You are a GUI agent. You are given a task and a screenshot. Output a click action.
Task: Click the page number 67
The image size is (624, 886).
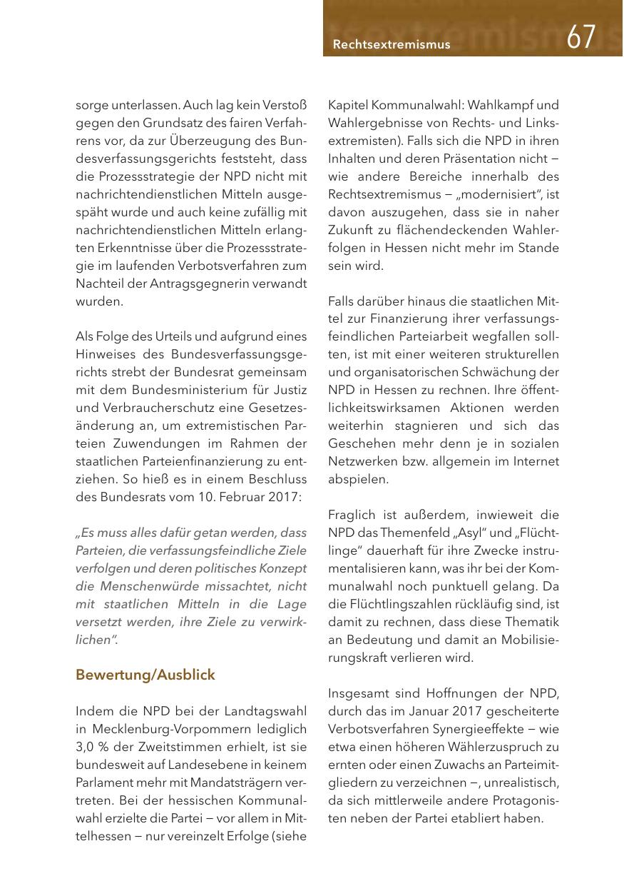tap(581, 36)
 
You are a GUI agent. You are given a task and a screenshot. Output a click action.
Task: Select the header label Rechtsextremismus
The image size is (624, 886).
tap(392, 44)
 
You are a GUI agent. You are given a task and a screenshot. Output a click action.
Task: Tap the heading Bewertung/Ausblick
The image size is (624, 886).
tap(145, 675)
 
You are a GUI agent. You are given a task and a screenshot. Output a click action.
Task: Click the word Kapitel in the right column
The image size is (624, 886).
tap(350, 105)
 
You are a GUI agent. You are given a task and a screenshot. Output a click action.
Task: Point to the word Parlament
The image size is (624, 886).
tap(105, 782)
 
